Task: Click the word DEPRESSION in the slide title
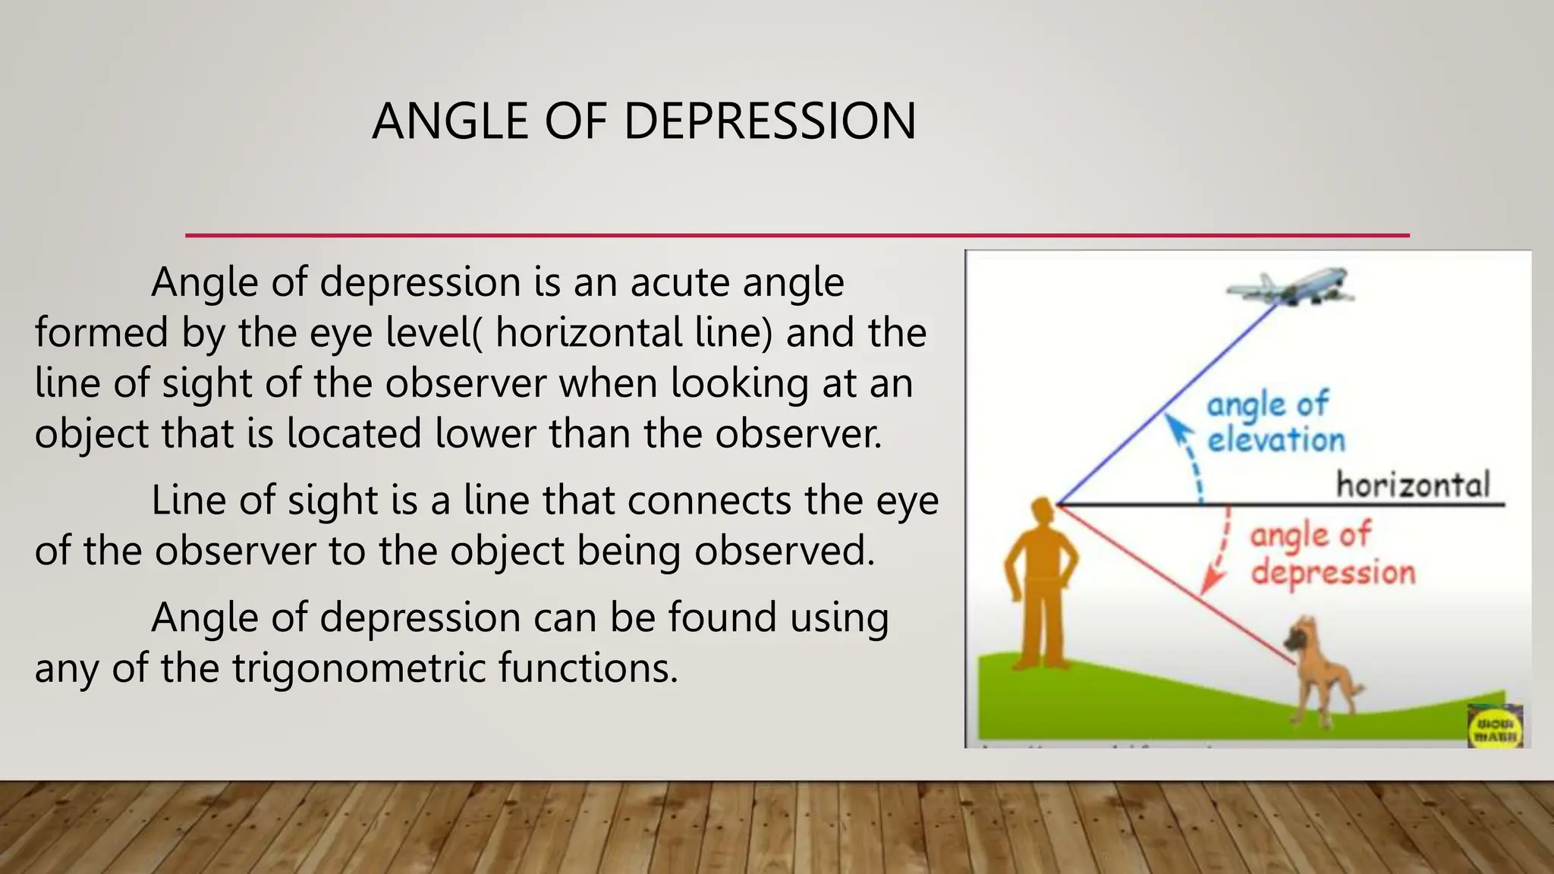tap(769, 121)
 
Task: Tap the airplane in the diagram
tap(1290, 287)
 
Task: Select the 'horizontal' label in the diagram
tap(1413, 484)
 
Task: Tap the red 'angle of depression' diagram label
tap(1331, 554)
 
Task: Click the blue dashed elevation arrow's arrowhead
tap(1176, 425)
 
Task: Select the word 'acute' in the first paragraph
tap(680, 282)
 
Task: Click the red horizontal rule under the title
tap(797, 235)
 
